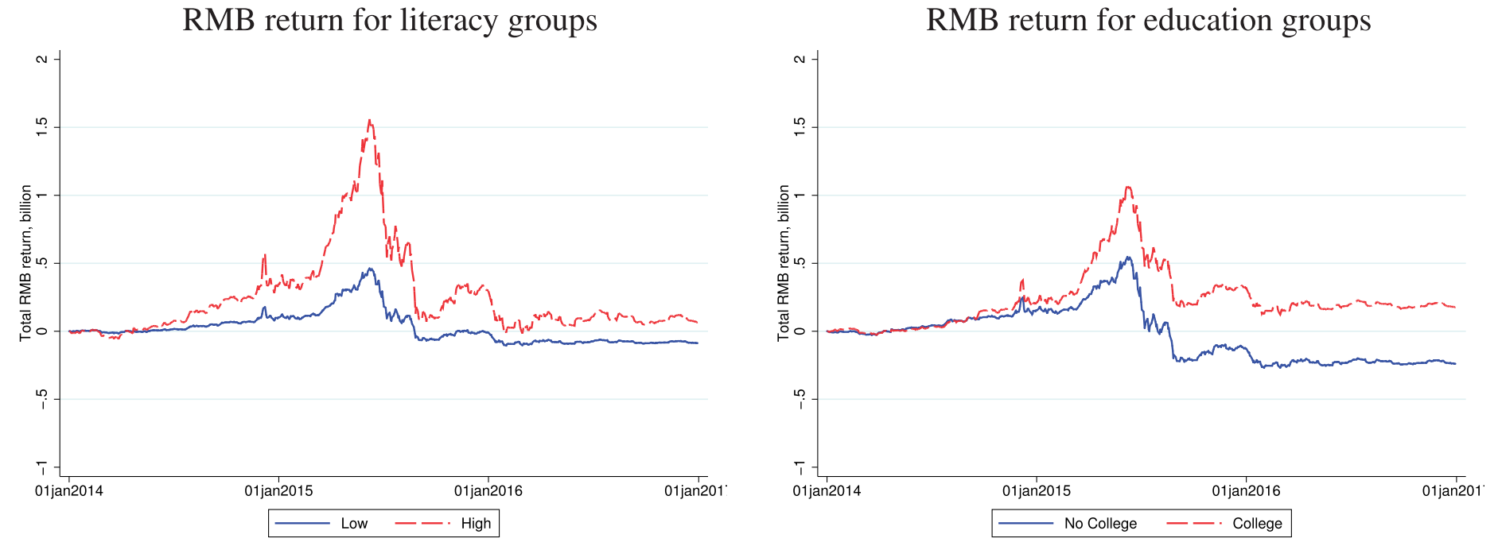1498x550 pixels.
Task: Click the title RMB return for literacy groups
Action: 390,20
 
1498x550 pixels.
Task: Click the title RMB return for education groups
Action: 1148,20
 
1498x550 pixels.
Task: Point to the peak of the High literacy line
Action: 369,120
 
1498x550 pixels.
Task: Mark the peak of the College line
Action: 1127,187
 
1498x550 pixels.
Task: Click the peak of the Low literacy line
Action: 369,269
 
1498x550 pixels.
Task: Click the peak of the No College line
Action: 1127,257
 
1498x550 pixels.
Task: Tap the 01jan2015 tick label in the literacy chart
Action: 278,491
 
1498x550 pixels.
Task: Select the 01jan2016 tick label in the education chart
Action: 1246,491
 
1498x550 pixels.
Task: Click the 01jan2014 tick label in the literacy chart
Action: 69,491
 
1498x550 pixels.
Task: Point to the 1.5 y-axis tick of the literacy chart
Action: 42,127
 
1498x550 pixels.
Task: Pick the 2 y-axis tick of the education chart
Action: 800,60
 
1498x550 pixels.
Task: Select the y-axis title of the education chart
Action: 784,262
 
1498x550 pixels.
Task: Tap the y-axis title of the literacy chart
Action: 26,262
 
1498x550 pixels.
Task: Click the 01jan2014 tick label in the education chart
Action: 827,491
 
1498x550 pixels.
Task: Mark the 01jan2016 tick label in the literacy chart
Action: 488,491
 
